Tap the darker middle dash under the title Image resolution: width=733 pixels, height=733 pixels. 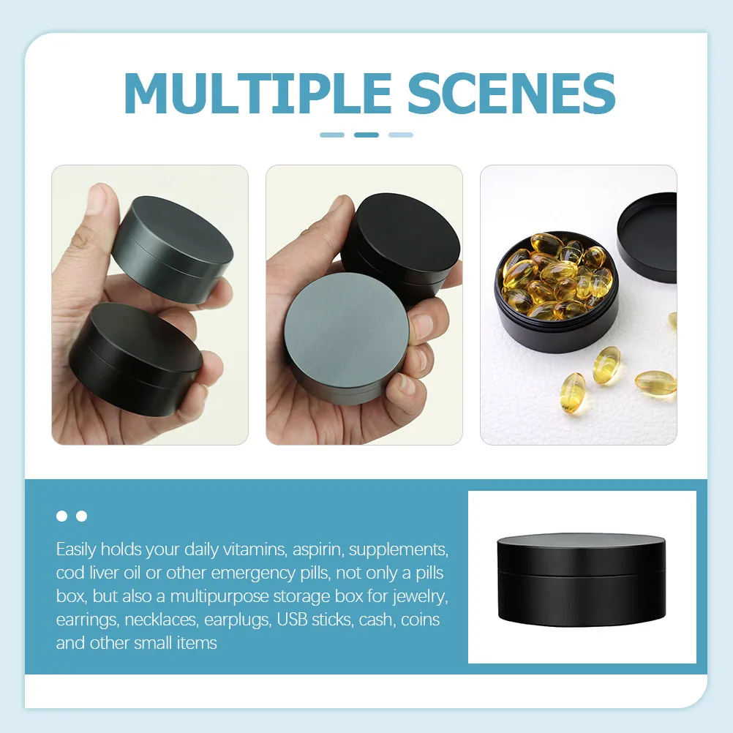(366, 135)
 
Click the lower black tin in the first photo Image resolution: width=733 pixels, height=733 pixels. (140, 358)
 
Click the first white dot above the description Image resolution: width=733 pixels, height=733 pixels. (62, 516)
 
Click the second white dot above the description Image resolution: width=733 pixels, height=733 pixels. (81, 516)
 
